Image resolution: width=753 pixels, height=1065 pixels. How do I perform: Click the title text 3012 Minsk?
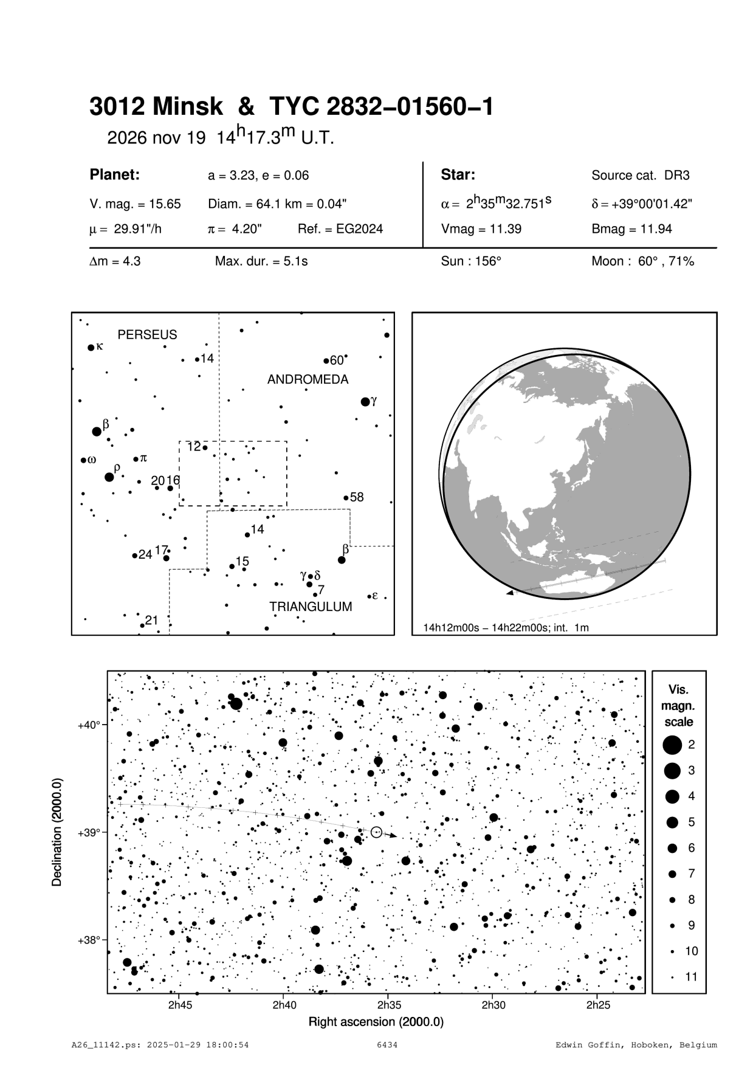click(x=156, y=107)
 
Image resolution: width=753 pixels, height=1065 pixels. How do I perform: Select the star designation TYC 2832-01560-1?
click(x=380, y=107)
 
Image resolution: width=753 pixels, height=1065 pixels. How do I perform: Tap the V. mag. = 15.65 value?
click(x=135, y=204)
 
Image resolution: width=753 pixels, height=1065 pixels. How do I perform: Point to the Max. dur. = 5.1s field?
click(x=261, y=262)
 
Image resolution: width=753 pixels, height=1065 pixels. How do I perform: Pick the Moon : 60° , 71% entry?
click(x=642, y=262)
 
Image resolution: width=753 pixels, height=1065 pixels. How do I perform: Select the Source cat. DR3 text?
click(x=641, y=176)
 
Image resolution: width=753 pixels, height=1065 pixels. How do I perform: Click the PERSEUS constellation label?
click(x=147, y=335)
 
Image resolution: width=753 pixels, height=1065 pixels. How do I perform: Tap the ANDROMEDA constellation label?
click(x=308, y=380)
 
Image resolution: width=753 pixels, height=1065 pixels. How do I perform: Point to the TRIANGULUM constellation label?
click(x=311, y=607)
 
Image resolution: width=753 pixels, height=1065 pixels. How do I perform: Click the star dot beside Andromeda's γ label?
click(x=365, y=402)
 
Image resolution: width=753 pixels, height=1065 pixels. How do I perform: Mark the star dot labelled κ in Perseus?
click(x=91, y=348)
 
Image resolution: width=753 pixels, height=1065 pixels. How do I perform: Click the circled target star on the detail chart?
click(x=376, y=832)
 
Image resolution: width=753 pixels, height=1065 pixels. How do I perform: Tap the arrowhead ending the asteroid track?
click(x=394, y=836)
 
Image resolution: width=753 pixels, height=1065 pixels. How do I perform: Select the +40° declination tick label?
click(x=89, y=725)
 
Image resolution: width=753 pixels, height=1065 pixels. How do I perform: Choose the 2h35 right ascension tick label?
click(x=389, y=1005)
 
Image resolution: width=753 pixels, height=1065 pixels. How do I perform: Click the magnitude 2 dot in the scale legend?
click(x=672, y=745)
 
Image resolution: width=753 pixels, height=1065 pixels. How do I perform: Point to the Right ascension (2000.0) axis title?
click(x=376, y=1022)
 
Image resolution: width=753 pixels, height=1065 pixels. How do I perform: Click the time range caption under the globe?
click(x=506, y=627)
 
